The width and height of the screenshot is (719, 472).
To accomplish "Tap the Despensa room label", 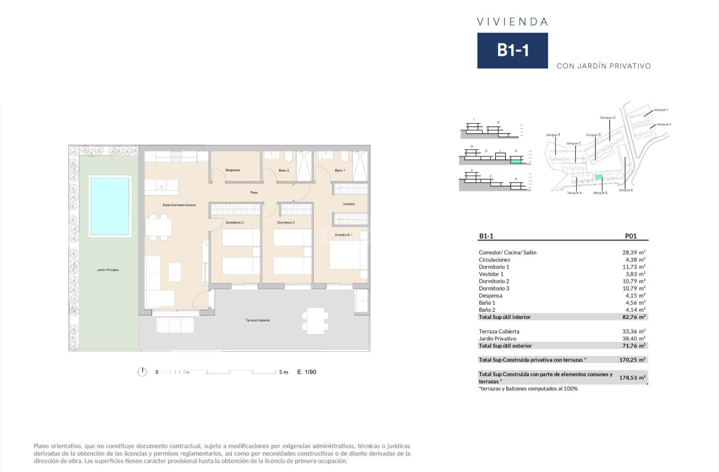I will point(233,171).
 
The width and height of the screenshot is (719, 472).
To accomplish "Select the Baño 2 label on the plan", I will point(284,171).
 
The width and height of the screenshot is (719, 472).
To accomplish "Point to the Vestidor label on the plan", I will point(349,204).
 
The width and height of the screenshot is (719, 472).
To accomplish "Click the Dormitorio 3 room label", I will point(235,223).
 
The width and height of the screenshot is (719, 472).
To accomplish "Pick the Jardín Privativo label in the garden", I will point(108,270).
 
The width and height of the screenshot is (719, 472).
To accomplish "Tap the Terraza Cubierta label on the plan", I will point(258,320).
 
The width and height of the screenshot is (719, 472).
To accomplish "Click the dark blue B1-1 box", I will point(512,50).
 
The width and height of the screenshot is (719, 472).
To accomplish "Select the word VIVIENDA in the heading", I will point(512,22).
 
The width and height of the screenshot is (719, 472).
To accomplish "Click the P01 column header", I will point(630,236).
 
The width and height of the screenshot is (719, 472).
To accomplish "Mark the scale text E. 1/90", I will point(307,372).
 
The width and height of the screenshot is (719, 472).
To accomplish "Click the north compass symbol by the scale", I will point(142,372).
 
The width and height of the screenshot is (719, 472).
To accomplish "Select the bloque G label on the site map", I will point(608,118).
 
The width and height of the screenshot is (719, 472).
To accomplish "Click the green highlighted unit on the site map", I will point(598,177).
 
